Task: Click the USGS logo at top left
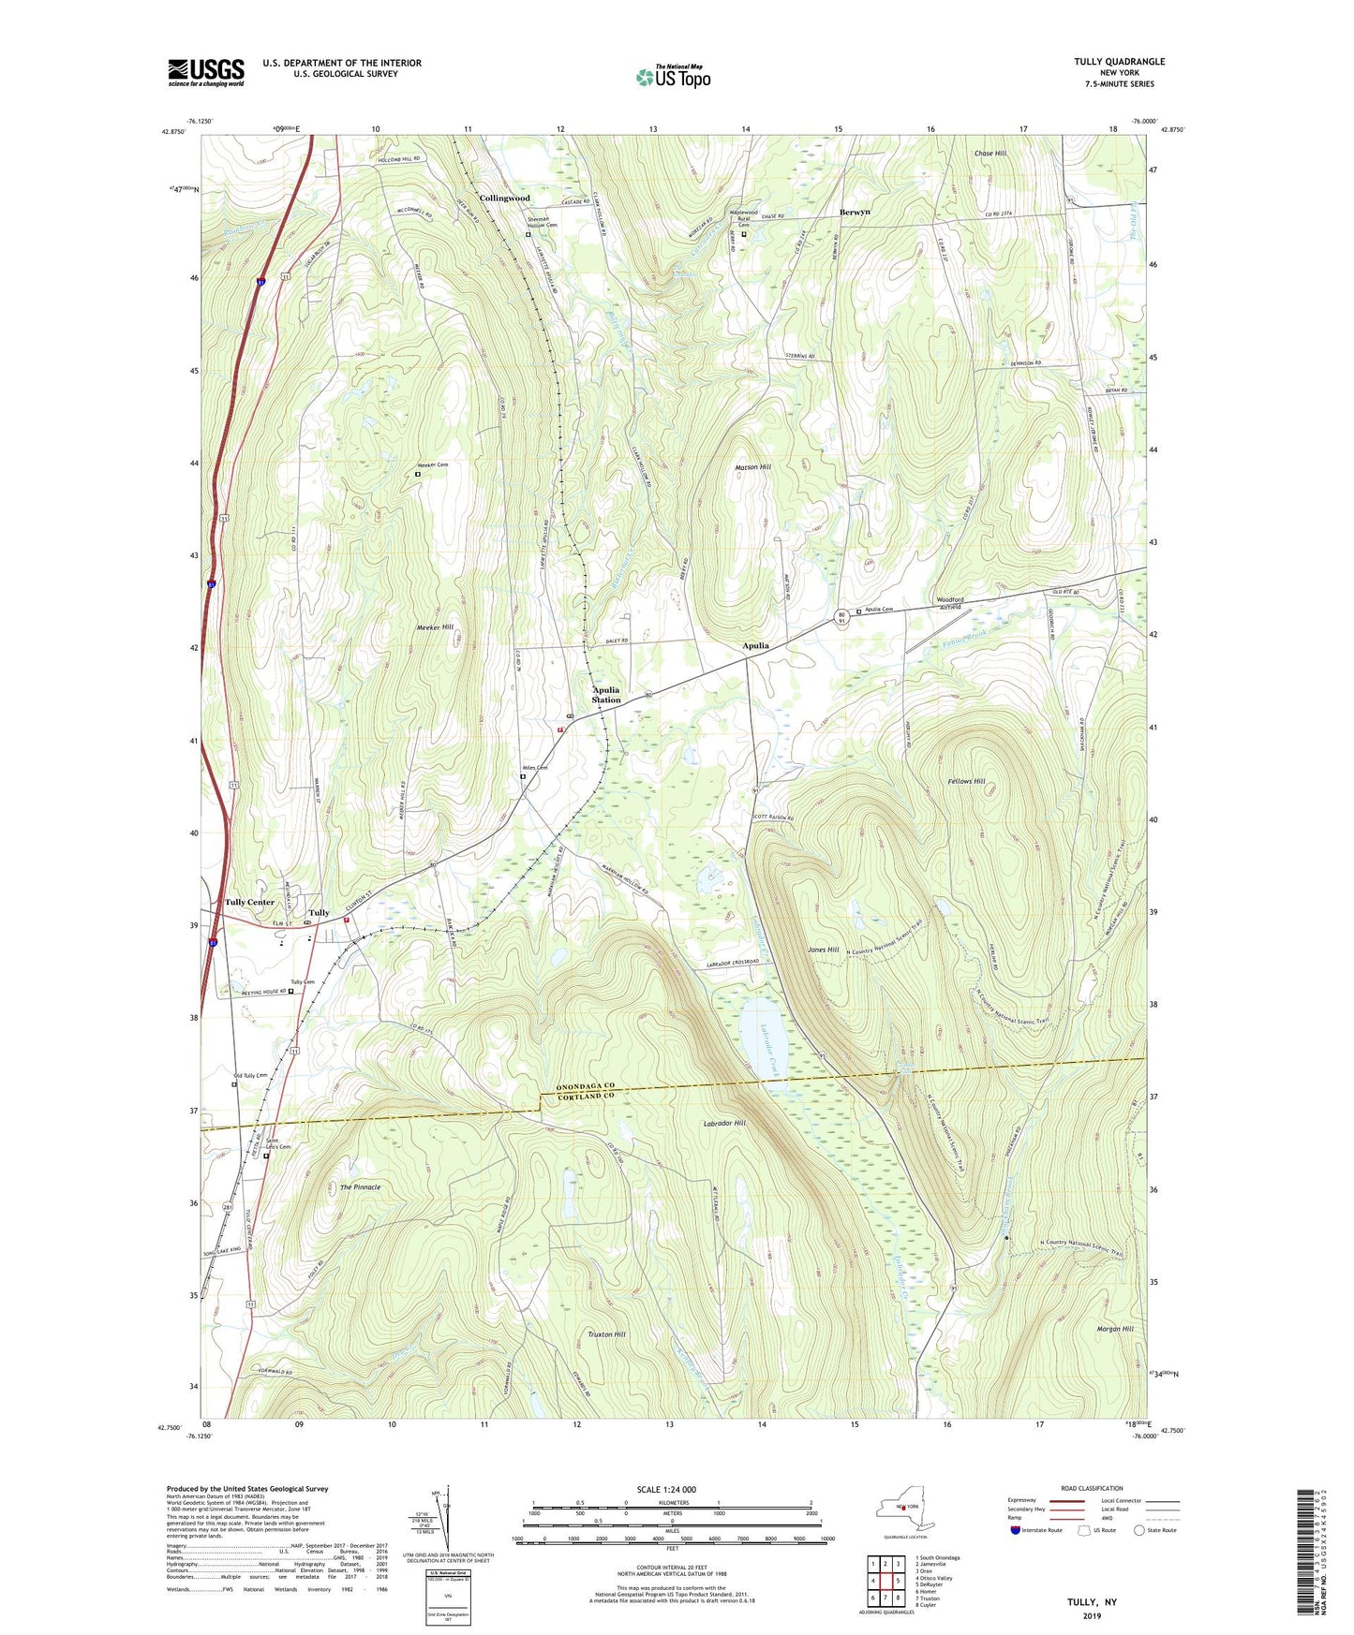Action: click(205, 72)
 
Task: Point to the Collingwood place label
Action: click(504, 199)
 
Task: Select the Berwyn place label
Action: click(855, 212)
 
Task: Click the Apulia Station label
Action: click(606, 695)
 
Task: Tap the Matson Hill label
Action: click(752, 466)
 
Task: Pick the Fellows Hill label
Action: click(966, 781)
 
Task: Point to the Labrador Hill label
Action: click(724, 1123)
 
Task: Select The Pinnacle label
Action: click(360, 1186)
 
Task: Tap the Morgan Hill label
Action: click(1115, 1329)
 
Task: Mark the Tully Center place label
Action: click(249, 902)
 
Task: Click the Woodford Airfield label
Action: click(956, 603)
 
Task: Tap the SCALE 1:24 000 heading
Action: click(666, 1489)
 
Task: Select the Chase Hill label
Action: click(989, 154)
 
